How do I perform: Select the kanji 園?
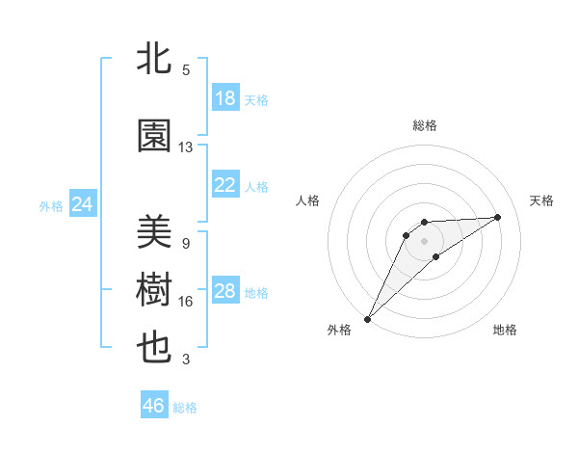pos(155,136)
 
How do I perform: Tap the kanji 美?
pos(155,232)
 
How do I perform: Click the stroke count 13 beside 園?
pos(186,147)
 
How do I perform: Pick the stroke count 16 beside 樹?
pos(186,302)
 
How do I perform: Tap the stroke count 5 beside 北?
pos(186,69)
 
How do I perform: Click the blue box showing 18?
pos(225,98)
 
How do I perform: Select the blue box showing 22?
pos(225,185)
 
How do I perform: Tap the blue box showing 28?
pos(225,291)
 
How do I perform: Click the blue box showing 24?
pos(83,204)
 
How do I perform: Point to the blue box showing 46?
pos(154,406)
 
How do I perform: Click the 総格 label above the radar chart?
pos(425,125)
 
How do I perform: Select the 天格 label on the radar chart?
pos(541,200)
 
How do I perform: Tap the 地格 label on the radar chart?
pos(505,330)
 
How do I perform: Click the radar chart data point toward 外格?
pos(367,318)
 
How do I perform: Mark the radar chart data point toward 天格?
pos(498,217)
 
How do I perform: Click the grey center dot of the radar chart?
pos(424,240)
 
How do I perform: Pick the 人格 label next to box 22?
pos(256,186)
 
